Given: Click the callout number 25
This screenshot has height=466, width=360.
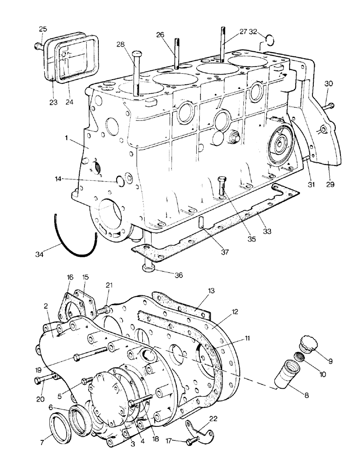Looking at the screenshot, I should pyautogui.click(x=42, y=29).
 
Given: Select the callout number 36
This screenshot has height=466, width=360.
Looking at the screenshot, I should pyautogui.click(x=179, y=275).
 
